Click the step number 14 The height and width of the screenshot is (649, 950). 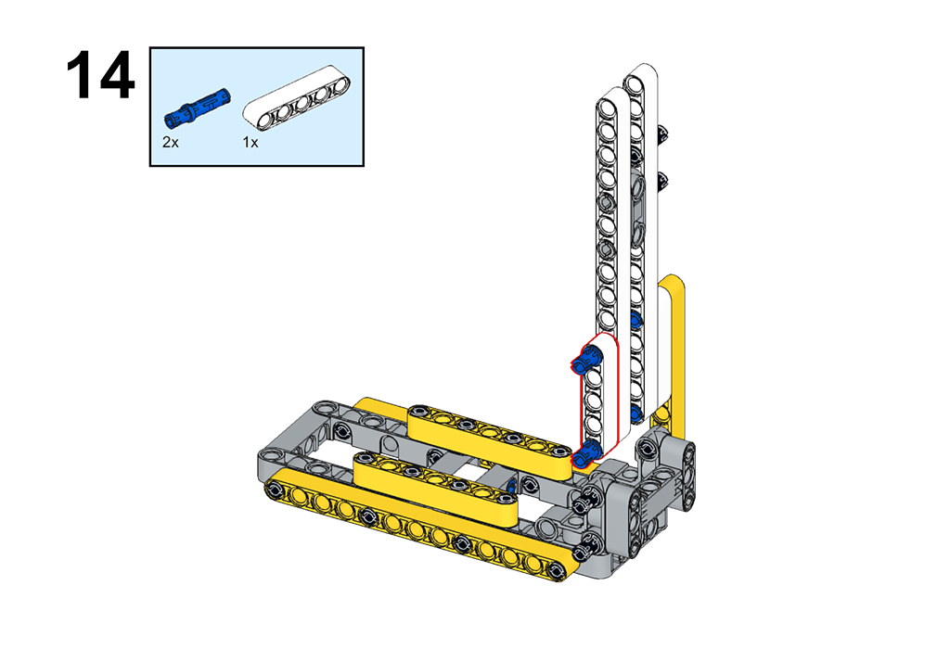(100, 76)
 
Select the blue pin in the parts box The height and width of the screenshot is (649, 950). (198, 107)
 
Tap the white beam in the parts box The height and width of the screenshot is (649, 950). (298, 98)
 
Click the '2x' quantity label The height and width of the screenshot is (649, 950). (171, 142)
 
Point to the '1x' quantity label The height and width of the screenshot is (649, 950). (250, 142)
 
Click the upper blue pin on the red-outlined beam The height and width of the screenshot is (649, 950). (585, 360)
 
